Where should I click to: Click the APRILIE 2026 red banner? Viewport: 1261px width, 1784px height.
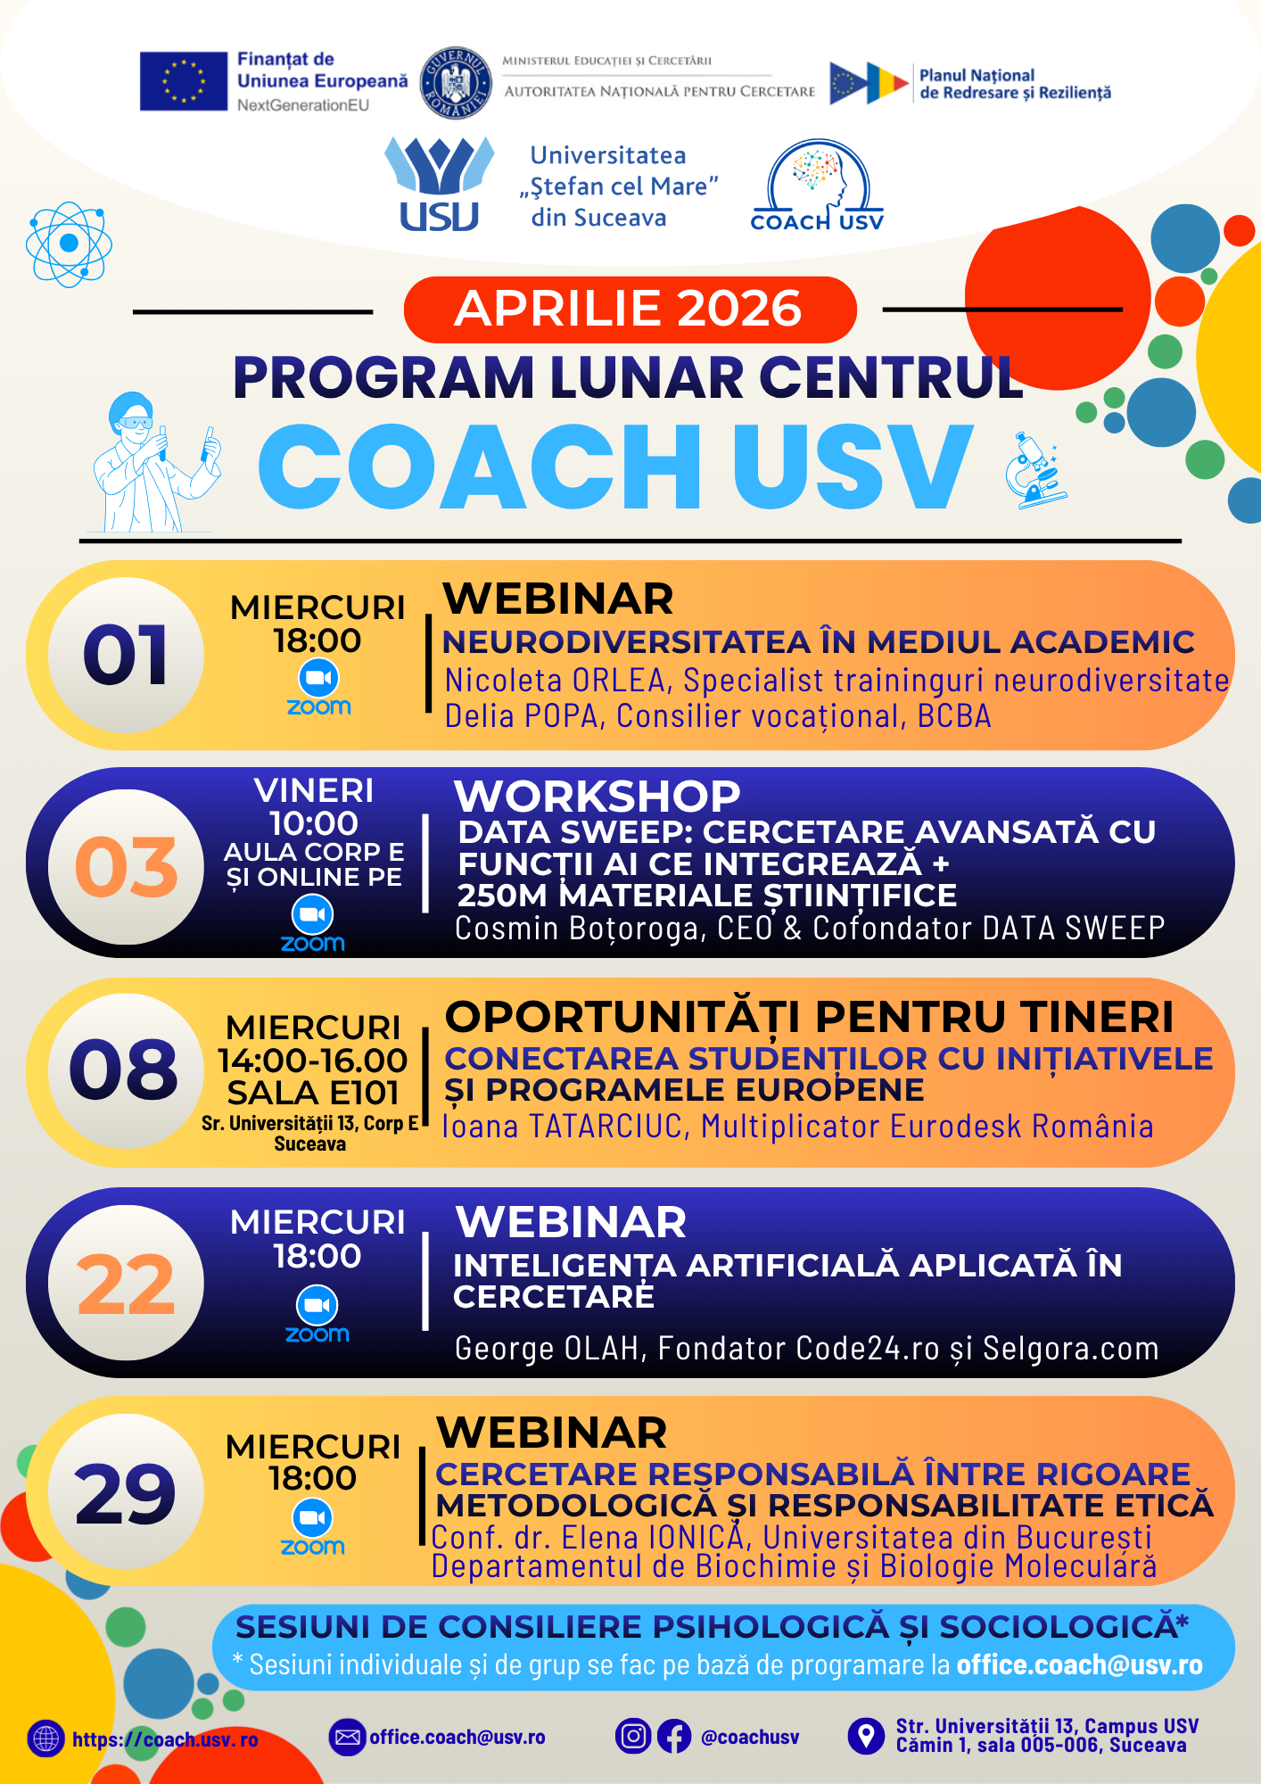(630, 310)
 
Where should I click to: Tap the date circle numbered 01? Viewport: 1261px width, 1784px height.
(126, 656)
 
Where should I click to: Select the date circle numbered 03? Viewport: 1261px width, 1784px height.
(126, 867)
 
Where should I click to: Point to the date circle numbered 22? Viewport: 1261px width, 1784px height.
(126, 1283)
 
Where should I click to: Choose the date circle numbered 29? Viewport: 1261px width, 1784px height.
(126, 1491)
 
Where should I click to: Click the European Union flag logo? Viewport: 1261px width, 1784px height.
(184, 81)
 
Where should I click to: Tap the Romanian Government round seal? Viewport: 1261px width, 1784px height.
(456, 83)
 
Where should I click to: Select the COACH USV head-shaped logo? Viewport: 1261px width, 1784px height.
(817, 186)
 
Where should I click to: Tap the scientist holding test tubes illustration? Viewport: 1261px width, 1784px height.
(156, 462)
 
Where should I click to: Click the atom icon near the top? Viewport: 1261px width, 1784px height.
(69, 244)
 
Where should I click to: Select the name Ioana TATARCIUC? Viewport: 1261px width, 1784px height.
(562, 1127)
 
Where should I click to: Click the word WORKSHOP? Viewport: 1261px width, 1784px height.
(598, 796)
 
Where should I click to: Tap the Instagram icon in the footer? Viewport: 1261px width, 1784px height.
(633, 1737)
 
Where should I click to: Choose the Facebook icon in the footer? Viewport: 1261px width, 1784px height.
(674, 1737)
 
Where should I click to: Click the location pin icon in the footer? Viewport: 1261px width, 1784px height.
(865, 1736)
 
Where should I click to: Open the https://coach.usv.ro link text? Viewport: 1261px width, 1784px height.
(165, 1739)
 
